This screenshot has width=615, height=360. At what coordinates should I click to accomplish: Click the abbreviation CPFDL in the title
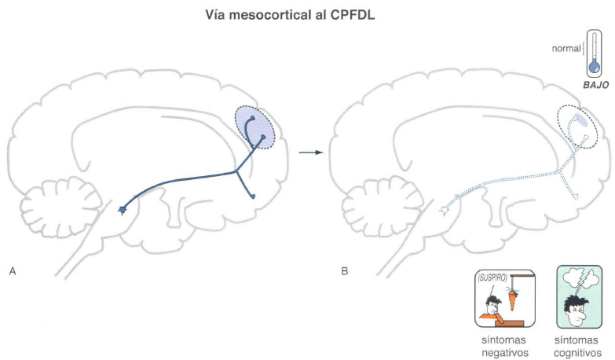[x=353, y=15]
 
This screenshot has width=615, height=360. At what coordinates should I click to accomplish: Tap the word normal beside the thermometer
[x=566, y=49]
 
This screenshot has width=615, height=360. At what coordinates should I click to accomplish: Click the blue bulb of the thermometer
[x=595, y=68]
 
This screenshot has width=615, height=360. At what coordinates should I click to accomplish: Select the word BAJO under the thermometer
[x=596, y=85]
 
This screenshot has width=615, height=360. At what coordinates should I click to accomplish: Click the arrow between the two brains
[x=311, y=152]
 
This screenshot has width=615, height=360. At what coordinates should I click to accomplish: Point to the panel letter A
[x=13, y=271]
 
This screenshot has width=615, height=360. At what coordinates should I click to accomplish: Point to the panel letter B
[x=345, y=271]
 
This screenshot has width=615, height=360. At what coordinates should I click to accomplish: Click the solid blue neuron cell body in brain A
[x=123, y=211]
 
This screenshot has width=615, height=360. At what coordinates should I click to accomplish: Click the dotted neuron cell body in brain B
[x=444, y=211]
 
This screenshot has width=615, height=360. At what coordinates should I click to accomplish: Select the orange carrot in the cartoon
[x=512, y=300]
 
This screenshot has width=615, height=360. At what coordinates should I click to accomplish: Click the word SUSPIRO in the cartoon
[x=492, y=278]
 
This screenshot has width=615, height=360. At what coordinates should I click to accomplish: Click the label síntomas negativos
[x=504, y=347]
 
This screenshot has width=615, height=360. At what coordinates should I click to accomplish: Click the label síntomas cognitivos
[x=577, y=347]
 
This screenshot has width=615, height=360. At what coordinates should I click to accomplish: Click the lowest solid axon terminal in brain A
[x=253, y=197]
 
